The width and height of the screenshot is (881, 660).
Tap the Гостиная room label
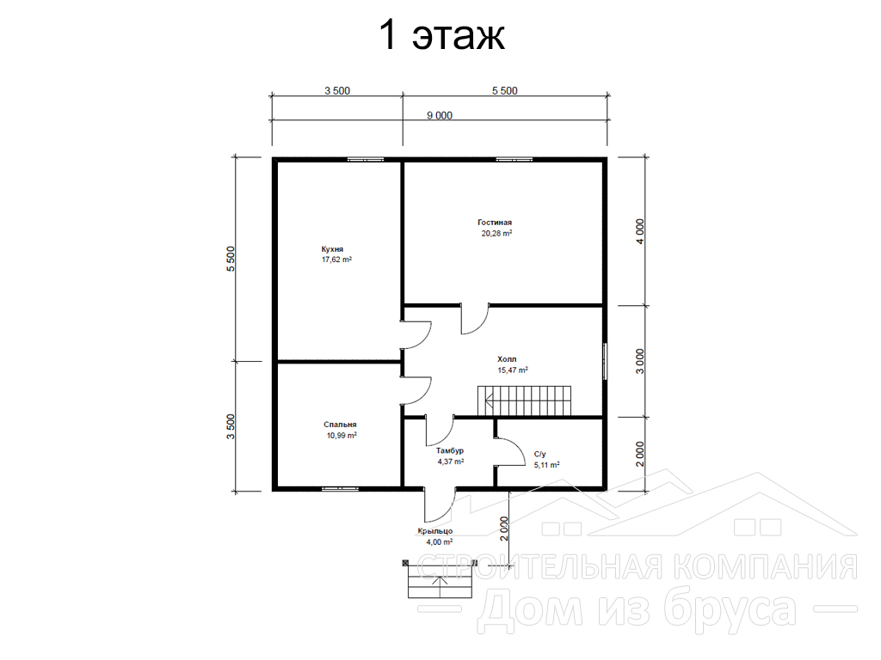coord(495,223)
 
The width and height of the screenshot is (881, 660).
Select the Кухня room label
coord(333,249)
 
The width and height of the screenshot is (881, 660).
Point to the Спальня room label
coord(340,425)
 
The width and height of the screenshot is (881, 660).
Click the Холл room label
coord(507,359)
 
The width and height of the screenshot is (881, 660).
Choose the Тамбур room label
coord(450,450)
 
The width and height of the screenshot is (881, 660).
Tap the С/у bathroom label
coord(540,454)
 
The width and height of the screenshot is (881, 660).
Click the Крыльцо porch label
coord(434,531)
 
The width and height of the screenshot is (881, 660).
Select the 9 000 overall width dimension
coord(440,116)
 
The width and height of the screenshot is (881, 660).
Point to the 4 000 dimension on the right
coord(640,230)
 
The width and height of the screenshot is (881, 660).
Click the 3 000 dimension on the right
coord(640,362)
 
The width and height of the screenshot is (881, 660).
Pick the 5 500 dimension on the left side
coord(231,259)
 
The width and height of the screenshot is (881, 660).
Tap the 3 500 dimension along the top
coord(337,91)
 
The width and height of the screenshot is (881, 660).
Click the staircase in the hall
coord(524,400)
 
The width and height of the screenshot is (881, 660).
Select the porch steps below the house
coord(440,579)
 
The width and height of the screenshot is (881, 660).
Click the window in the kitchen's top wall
coord(365,160)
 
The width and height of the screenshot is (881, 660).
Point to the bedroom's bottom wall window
coord(340,489)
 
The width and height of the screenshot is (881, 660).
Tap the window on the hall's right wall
coord(605,361)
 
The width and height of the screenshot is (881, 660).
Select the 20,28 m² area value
coord(496,234)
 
